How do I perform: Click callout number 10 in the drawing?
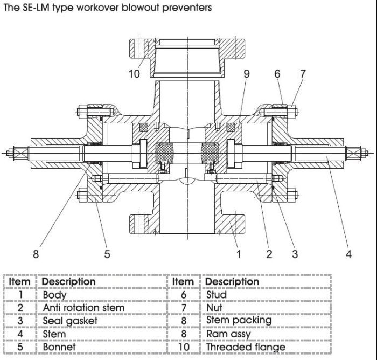click(134, 74)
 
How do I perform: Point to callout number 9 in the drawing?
click(247, 74)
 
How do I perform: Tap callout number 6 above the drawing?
click(278, 74)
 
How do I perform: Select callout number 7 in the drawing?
click(303, 74)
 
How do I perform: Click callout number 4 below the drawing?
click(348, 254)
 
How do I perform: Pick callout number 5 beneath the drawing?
click(107, 254)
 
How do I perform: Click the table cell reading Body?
click(54, 295)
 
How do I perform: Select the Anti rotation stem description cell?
click(83, 308)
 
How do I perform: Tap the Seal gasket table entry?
click(70, 321)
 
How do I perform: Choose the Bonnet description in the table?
click(59, 347)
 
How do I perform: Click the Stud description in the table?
click(217, 295)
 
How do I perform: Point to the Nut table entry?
click(214, 308)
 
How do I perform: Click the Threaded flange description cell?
click(246, 347)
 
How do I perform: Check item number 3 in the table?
click(19, 321)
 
